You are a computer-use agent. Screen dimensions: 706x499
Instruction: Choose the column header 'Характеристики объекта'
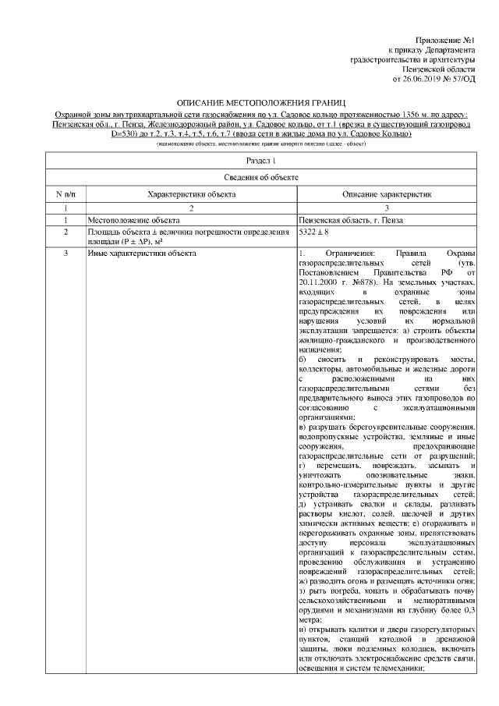(x=186, y=193)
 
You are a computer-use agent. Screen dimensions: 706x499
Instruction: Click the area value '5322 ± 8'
(x=317, y=232)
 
